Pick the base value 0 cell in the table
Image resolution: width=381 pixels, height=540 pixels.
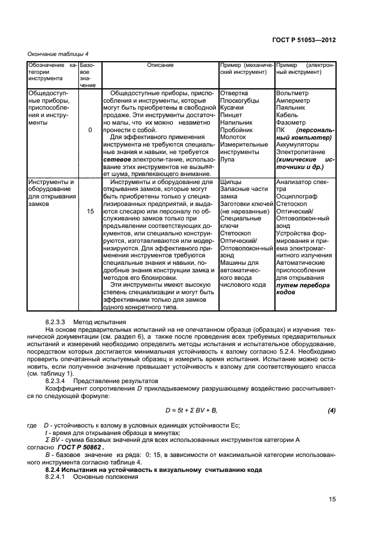[90, 130]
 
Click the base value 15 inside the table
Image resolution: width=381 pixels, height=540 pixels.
[90, 212]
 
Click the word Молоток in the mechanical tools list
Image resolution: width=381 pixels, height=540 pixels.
[233, 138]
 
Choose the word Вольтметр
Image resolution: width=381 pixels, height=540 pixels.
[293, 93]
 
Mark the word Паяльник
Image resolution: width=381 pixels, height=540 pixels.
[292, 108]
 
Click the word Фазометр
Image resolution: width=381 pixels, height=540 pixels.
[292, 123]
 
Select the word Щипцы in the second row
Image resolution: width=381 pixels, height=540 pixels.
[231, 182]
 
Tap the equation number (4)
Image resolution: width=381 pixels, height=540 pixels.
[331, 410]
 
